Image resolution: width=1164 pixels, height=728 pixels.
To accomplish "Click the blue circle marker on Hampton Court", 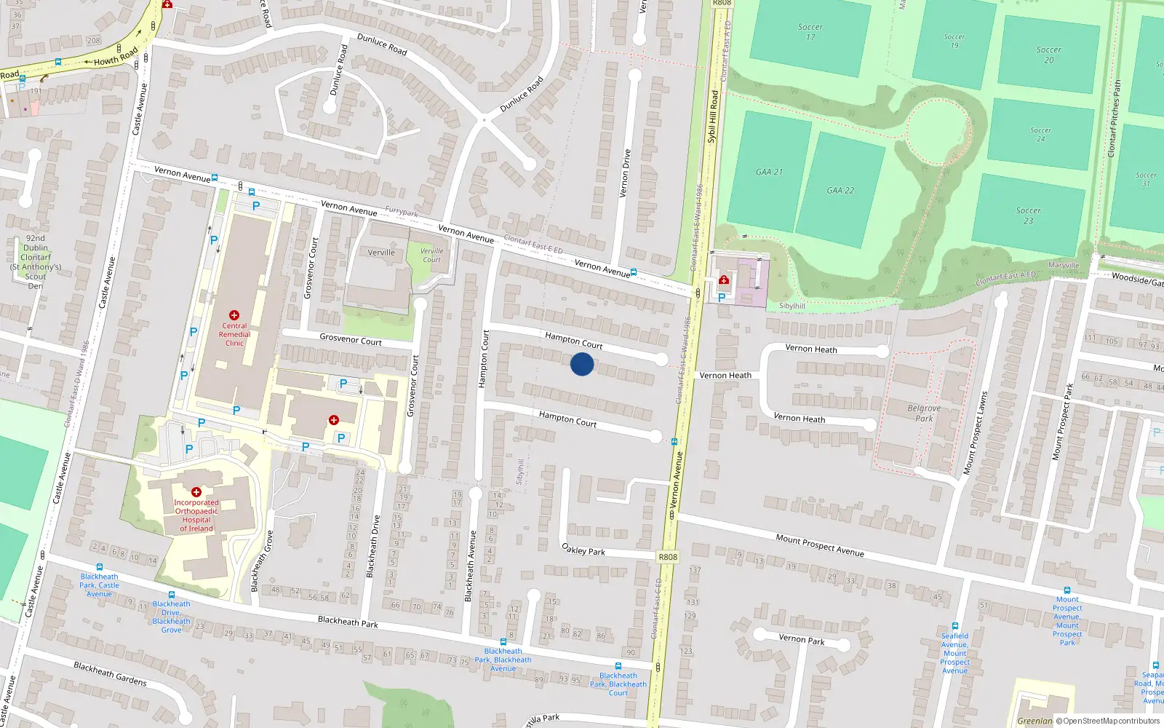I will pos(581,364).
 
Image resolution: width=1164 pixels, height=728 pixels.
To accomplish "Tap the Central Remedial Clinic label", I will pos(234,334).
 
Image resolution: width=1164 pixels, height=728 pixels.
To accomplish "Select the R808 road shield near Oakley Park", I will pos(668,557).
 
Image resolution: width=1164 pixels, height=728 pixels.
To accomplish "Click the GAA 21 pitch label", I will pos(769,172).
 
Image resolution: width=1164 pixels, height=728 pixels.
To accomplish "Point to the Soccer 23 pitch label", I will pos(1028,215).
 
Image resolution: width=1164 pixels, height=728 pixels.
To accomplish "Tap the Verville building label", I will pos(381,253).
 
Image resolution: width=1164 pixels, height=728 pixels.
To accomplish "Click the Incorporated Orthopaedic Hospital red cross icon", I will pos(196,492).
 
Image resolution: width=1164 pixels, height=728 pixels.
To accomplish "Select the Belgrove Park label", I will pos(924,413).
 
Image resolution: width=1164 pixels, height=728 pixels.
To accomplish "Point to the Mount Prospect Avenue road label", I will pos(820,545).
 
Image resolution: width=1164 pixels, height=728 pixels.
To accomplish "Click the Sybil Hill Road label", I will pos(713,116).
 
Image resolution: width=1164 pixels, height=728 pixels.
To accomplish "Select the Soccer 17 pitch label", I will pos(810,32).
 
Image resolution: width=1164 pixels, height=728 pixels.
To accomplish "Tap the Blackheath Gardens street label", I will pos(110,673).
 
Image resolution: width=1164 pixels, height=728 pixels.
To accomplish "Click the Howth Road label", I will pos(115,56).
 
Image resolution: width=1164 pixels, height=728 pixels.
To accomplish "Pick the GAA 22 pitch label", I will pos(840,190).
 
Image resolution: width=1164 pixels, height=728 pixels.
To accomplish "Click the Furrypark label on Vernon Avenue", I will pos(402,213).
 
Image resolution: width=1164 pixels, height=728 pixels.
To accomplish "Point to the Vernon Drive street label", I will pos(626,173).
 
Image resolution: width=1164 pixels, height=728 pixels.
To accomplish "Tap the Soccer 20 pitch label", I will pos(1048,55).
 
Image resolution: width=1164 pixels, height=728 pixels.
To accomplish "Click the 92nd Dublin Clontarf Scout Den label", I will pos(36,261).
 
